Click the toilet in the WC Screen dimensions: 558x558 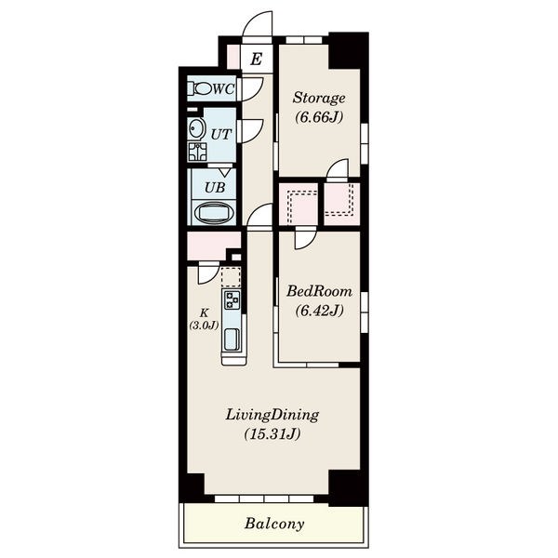[x=200, y=88]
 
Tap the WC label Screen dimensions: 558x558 [x=224, y=88]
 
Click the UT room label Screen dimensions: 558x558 [x=221, y=134]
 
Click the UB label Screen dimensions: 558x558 [x=215, y=187]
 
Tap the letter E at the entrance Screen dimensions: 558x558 [x=257, y=59]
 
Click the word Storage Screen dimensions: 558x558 [x=319, y=98]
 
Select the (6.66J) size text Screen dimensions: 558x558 [x=319, y=117]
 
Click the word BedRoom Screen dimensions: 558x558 [x=320, y=291]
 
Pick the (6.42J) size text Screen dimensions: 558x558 [x=320, y=311]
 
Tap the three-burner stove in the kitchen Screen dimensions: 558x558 [x=232, y=299]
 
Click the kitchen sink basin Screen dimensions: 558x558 [x=232, y=339]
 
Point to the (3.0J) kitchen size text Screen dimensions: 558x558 [x=204, y=325]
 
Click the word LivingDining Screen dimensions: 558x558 [x=272, y=416]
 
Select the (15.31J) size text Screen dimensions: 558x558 [x=272, y=434]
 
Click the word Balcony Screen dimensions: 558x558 [x=274, y=524]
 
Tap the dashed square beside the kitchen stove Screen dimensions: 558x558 [x=231, y=277]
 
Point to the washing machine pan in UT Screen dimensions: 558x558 [x=197, y=152]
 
